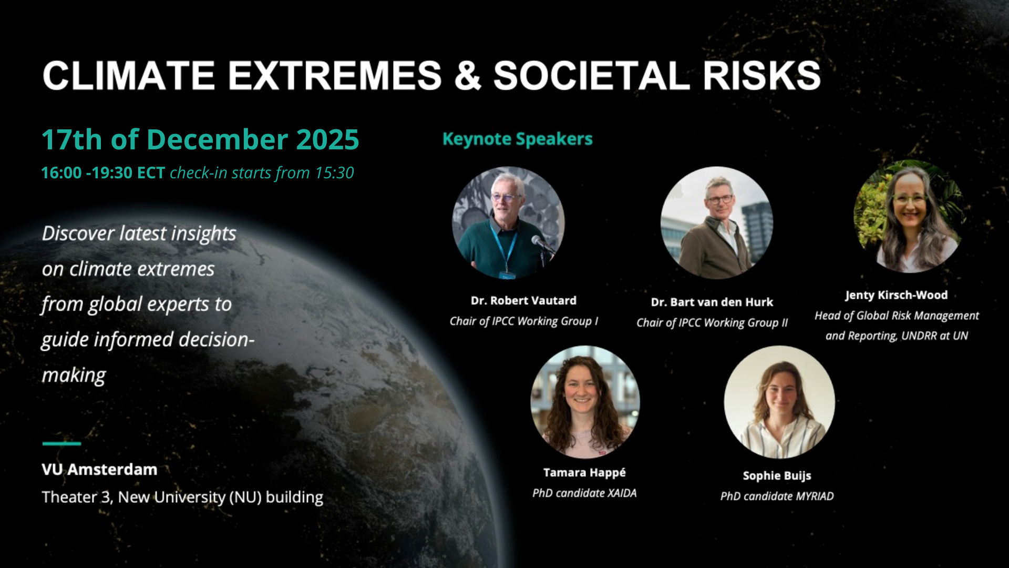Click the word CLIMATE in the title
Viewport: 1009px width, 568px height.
pos(129,76)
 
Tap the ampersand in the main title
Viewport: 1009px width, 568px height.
pos(467,76)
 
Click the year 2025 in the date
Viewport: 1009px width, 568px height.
pos(327,140)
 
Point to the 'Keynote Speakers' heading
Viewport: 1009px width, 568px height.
pos(518,139)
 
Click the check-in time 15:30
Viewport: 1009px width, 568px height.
pos(334,173)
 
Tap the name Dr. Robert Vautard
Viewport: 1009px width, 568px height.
pos(523,300)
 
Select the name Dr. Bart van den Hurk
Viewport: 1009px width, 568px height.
pos(712,302)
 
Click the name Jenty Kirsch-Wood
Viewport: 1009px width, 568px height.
pos(897,295)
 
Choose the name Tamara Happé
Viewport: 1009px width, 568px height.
pos(584,473)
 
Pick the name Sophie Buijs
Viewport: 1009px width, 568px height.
pos(777,476)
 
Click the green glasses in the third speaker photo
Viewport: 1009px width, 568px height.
pos(910,199)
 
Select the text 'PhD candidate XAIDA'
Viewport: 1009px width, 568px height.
pos(584,493)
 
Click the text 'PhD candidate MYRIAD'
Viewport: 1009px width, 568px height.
pos(777,496)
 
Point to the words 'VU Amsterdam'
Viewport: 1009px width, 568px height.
pos(99,469)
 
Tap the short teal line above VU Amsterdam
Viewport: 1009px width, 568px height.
pos(61,443)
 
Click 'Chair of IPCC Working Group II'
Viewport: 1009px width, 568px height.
pos(712,323)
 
